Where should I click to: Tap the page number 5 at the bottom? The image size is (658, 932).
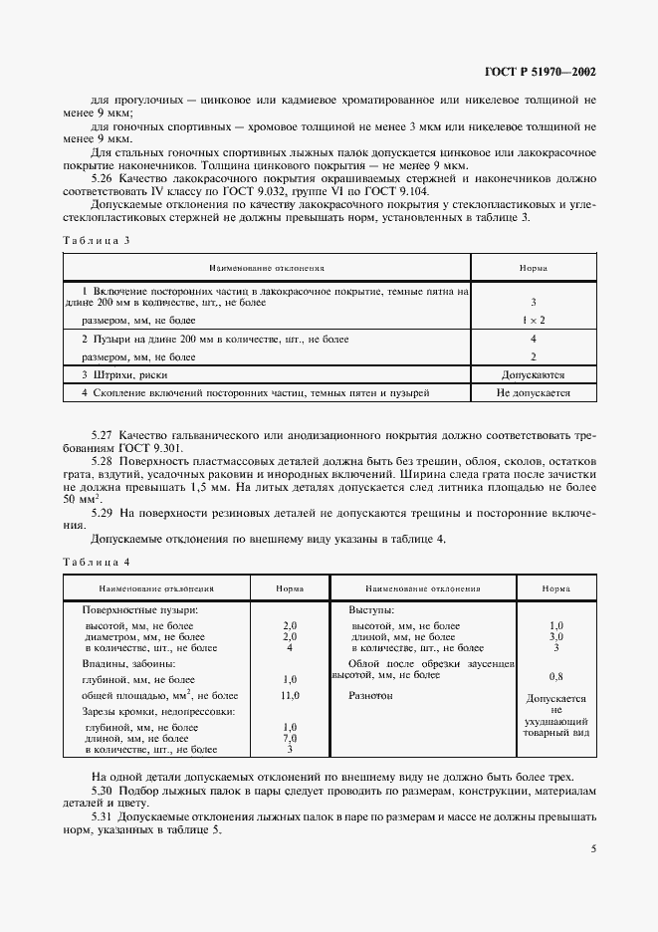point(593,848)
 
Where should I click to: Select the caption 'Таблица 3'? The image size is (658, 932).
point(98,240)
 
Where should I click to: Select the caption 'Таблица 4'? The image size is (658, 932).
point(98,563)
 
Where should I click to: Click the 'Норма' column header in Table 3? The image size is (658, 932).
point(533,268)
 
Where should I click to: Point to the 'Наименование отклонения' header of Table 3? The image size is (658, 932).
point(266,268)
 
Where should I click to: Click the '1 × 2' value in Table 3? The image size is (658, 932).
point(533,321)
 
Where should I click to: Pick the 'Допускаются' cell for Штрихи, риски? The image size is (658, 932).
point(533,375)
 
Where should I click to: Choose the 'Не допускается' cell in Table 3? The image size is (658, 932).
point(533,393)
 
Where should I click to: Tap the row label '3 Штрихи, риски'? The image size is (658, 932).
point(124,375)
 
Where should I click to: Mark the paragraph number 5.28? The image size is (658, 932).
point(103,462)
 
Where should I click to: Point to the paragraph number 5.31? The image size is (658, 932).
point(103,815)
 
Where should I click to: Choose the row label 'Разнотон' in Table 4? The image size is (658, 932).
point(370,696)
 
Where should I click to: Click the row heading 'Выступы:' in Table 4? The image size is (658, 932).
point(370,608)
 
